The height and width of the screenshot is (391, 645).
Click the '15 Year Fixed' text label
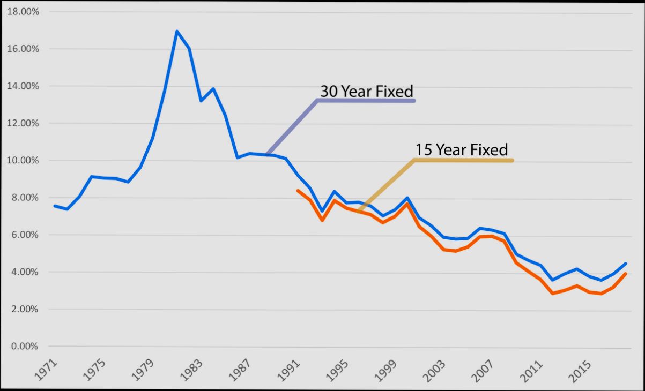(461, 149)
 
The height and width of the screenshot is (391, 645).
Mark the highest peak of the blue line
(176, 31)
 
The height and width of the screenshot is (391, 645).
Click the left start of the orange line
(298, 190)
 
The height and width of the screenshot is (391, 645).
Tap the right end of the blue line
(626, 264)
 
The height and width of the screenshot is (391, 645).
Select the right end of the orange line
(626, 274)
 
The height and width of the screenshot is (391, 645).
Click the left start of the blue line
(55, 206)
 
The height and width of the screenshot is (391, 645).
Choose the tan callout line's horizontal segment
(463, 160)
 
